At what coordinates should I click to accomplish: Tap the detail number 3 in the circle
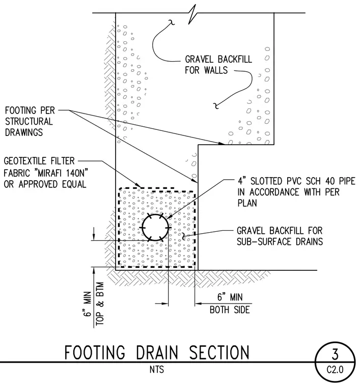click(x=335, y=354)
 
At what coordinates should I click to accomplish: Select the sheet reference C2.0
click(x=335, y=370)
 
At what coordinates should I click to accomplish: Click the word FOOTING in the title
click(x=95, y=352)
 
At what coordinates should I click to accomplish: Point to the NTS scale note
click(x=157, y=370)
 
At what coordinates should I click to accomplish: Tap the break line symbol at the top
click(x=192, y=14)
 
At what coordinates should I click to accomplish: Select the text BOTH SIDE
click(x=230, y=310)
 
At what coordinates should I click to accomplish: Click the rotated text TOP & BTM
click(x=100, y=303)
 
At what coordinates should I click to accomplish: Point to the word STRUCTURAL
click(x=29, y=121)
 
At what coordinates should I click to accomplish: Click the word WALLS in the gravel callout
click(x=216, y=70)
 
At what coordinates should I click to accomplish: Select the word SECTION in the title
click(x=219, y=352)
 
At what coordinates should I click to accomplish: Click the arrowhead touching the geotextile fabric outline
click(x=138, y=185)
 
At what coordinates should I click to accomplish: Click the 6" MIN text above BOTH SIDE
click(x=230, y=297)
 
